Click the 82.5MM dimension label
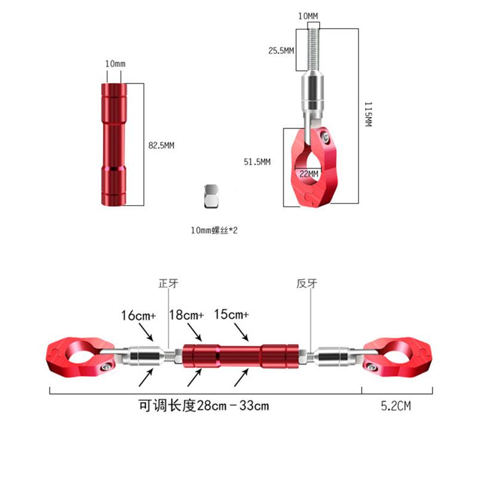click(161, 145)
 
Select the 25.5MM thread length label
click(281, 51)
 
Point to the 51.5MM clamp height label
click(257, 162)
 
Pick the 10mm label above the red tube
click(115, 64)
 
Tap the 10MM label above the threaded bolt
click(309, 16)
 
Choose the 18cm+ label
click(186, 315)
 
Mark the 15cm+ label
click(231, 315)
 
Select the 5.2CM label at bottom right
click(396, 406)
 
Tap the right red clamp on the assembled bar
click(398, 357)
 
